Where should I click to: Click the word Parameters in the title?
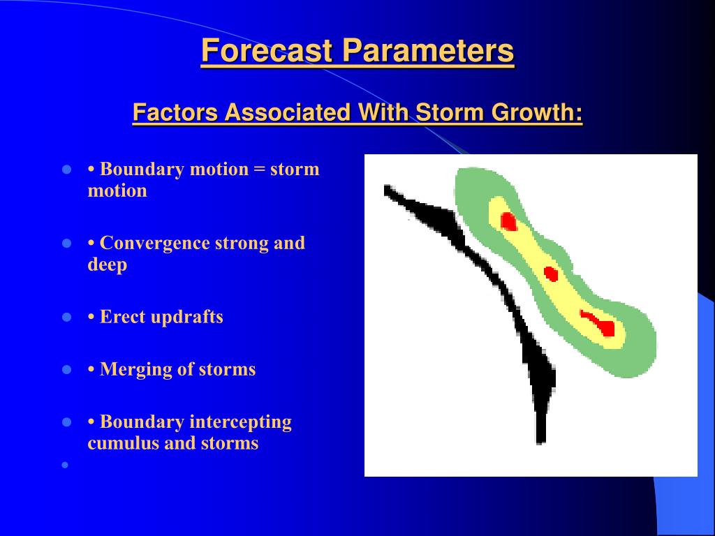click(428, 50)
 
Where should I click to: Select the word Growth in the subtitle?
click(537, 112)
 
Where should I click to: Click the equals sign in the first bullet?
click(259, 170)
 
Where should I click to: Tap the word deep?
click(107, 265)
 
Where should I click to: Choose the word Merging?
click(135, 370)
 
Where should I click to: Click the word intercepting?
click(241, 422)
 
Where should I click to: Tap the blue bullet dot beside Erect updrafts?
click(66, 318)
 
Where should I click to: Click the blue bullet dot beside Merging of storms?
click(66, 370)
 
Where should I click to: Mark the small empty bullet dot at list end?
click(65, 465)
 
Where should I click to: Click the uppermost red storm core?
click(508, 221)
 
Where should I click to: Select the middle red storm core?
click(552, 274)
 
